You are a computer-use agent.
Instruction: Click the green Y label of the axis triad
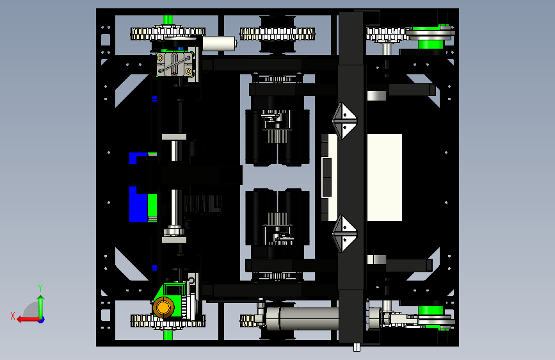pos(40,288)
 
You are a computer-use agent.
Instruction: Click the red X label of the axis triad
pos(13,316)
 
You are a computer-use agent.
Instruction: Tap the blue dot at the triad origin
pos(41,320)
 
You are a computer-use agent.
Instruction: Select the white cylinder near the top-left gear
pos(219,43)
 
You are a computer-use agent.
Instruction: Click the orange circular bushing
pos(163,307)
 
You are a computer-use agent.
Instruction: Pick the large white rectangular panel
pos(384,177)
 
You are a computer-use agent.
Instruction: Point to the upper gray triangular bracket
pos(344,121)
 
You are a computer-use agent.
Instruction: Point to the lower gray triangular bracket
pos(344,234)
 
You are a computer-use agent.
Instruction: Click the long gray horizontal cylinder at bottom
pos(302,318)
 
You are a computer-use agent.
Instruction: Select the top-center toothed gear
pos(277,34)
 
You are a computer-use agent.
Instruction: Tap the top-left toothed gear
pos(168,34)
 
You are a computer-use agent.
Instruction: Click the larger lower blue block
pos(138,205)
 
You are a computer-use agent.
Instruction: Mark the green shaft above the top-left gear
pos(168,20)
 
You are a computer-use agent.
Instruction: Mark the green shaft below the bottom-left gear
pos(168,335)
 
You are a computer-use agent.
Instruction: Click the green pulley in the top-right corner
pos(430,37)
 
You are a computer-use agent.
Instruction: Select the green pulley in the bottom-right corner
pos(431,317)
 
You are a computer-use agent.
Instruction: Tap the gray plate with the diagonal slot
pos(175,65)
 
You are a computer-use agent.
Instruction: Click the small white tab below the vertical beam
pos(357,347)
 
